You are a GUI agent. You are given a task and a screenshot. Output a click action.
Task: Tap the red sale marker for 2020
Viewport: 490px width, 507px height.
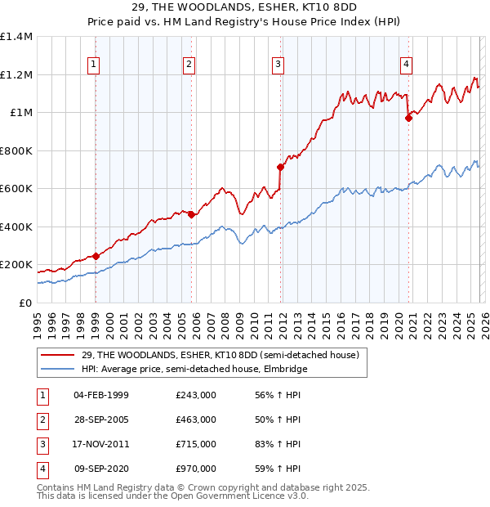pos(409,118)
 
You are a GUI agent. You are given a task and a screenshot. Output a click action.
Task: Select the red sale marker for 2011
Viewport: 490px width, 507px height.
pos(281,167)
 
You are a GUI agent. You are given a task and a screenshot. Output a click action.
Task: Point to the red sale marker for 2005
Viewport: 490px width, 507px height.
pos(192,214)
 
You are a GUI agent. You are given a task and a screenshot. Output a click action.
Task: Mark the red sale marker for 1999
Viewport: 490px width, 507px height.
pos(96,256)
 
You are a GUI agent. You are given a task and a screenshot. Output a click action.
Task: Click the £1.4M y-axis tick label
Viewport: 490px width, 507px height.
pos(16,37)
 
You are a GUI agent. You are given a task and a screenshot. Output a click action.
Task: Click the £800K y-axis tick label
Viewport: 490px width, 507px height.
pos(16,150)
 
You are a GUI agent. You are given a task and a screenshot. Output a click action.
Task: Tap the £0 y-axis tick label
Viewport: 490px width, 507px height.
pos(24,303)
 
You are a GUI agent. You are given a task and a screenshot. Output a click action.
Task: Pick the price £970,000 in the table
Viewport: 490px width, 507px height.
pos(195,469)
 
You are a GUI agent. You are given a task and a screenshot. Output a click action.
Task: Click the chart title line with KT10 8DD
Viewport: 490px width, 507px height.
pos(245,11)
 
